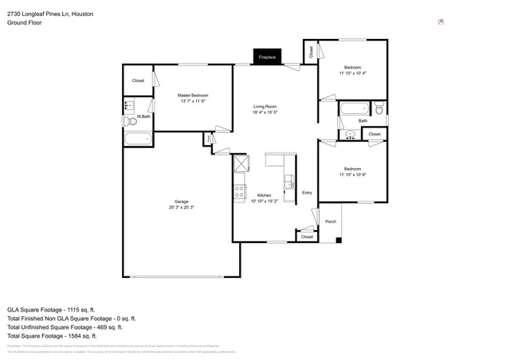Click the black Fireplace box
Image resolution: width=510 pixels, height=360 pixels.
266,57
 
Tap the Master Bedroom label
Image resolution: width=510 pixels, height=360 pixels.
193,95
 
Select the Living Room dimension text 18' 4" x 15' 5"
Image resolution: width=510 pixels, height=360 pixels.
265,112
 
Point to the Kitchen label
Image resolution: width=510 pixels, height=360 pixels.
264,195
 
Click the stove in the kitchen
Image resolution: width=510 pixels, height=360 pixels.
239,190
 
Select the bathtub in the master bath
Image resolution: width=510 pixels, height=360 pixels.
139,139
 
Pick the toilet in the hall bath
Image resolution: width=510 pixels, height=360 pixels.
379,108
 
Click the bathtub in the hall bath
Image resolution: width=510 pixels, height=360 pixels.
353,108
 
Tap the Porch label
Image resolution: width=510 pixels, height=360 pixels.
331,221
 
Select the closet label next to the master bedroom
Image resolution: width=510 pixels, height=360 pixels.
138,80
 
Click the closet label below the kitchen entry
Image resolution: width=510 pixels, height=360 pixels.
307,237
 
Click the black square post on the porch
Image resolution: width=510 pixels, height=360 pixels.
339,240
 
